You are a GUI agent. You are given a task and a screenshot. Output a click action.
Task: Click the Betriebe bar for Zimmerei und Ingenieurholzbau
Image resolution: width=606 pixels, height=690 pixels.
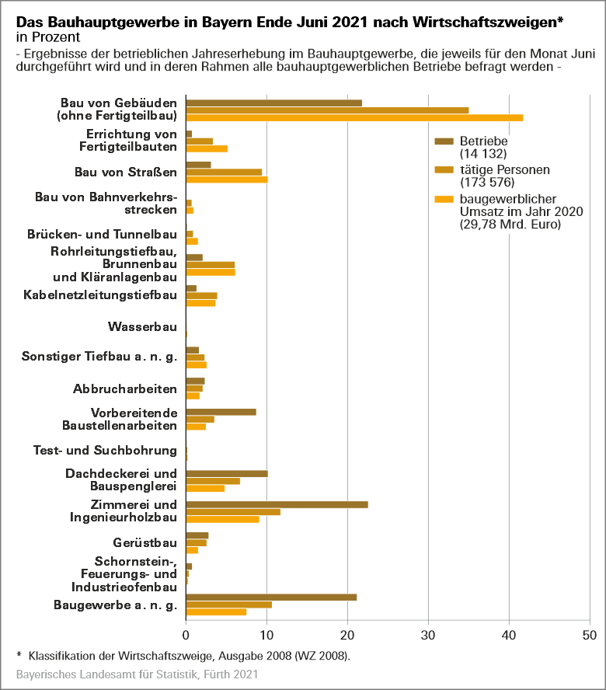click(x=277, y=504)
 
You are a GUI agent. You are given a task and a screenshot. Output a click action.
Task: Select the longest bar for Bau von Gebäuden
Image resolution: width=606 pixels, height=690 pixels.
click(x=354, y=117)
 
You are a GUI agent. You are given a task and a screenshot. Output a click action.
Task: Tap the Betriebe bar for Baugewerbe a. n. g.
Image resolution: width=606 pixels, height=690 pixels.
click(x=271, y=597)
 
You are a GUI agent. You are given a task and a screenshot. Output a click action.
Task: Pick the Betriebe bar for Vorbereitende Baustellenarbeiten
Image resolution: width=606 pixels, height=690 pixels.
click(x=221, y=412)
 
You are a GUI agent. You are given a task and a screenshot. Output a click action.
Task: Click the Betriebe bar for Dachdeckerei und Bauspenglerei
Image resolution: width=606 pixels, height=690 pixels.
click(x=227, y=473)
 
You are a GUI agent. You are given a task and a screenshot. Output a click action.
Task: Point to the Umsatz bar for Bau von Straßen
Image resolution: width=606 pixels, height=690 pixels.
click(x=227, y=179)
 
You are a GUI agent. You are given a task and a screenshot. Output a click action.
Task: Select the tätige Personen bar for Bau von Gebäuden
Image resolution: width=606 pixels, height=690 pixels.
click(x=327, y=110)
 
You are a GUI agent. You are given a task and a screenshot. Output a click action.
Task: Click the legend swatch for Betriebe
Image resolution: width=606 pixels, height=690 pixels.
click(x=444, y=141)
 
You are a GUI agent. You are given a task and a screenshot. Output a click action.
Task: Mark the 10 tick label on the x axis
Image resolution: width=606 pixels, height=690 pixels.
click(x=267, y=634)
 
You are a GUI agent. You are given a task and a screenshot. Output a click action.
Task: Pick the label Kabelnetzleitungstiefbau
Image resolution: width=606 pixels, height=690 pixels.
click(x=100, y=295)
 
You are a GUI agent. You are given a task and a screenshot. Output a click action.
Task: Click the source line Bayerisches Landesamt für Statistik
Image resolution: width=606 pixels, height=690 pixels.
click(x=137, y=676)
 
